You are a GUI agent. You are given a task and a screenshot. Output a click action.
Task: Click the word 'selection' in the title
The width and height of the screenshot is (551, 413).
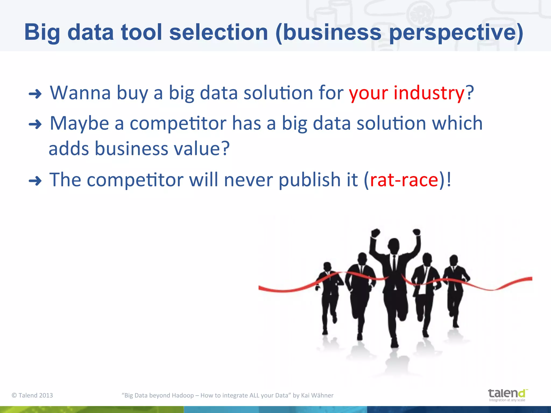(x=218, y=32)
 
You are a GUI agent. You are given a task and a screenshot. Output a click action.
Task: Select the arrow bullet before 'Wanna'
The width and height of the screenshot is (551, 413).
(x=35, y=94)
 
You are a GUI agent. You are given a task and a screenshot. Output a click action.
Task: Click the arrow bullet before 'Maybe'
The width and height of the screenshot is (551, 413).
(x=35, y=124)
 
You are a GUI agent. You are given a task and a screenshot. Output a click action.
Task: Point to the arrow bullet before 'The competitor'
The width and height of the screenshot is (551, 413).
(x=35, y=181)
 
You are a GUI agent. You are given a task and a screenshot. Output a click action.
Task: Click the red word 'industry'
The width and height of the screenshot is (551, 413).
(x=429, y=93)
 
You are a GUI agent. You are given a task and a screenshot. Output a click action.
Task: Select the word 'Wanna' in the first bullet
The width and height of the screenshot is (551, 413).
(x=80, y=93)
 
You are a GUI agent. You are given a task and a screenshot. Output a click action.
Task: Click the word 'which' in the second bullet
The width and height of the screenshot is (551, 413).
(x=457, y=123)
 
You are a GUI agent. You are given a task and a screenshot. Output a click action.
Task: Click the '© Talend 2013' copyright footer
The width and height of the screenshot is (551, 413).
(x=32, y=395)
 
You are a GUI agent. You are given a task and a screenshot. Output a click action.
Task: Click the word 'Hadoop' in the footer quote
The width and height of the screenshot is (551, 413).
(x=183, y=395)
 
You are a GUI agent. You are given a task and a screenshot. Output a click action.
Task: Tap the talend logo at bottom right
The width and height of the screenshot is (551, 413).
(x=507, y=395)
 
